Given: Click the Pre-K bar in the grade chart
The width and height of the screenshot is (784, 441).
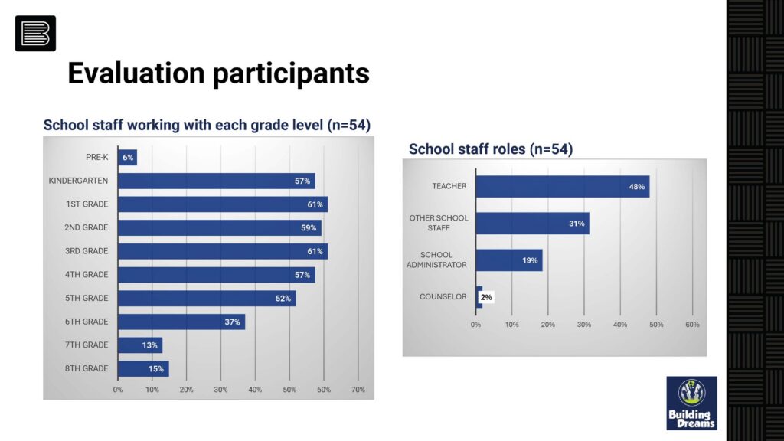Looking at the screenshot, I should click(x=128, y=158).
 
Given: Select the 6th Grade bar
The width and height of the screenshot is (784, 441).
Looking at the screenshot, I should click(x=181, y=322).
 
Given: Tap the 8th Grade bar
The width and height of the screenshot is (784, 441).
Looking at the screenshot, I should click(x=143, y=368).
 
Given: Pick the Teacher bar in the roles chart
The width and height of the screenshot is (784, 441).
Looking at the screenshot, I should click(x=563, y=187).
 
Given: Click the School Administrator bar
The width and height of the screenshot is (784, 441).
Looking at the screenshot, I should click(x=509, y=260).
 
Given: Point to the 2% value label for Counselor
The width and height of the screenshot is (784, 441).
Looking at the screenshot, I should click(x=486, y=297).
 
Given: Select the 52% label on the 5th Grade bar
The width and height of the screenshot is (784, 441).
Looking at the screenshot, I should click(x=283, y=299).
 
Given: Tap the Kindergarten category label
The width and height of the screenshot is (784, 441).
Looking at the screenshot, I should click(x=77, y=181).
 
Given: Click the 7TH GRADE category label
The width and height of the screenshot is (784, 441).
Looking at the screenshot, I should click(x=86, y=345).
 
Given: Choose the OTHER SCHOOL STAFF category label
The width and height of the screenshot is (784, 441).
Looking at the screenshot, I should click(x=439, y=223).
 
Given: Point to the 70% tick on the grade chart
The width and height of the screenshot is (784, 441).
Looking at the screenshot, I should click(x=358, y=390).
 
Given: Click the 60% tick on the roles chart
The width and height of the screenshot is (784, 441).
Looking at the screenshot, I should click(x=692, y=325).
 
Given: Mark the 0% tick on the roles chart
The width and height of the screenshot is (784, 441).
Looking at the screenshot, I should click(x=476, y=325).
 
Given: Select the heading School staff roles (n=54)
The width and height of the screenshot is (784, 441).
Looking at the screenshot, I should click(x=490, y=149).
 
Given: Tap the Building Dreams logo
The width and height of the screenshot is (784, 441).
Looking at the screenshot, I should click(x=691, y=403).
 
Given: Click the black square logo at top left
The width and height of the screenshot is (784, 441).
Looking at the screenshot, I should click(x=35, y=34).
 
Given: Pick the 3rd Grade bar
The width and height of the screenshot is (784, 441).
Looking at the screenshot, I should click(x=223, y=251).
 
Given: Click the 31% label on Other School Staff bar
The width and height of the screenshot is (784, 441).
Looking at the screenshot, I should click(x=577, y=224).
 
